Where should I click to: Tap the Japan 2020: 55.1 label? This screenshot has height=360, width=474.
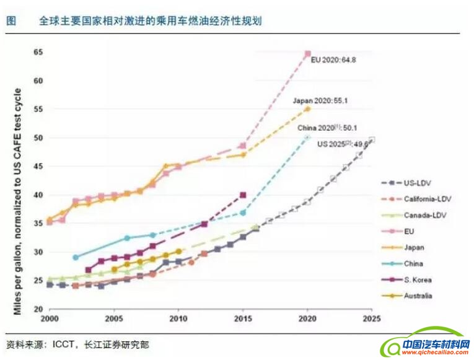[x=318, y=99]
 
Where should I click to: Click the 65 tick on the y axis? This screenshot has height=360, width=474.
[x=38, y=52]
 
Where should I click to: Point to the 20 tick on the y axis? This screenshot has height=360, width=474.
[x=38, y=309]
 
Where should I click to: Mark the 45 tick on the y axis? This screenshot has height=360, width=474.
[x=38, y=167]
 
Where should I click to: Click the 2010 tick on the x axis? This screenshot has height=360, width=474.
[x=179, y=318]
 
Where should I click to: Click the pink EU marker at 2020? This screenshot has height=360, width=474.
[x=307, y=54]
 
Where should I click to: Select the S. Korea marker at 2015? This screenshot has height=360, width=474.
[x=243, y=195]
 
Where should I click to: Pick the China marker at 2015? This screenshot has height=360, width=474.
[x=243, y=213]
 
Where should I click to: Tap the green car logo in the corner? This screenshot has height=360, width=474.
[x=428, y=343]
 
